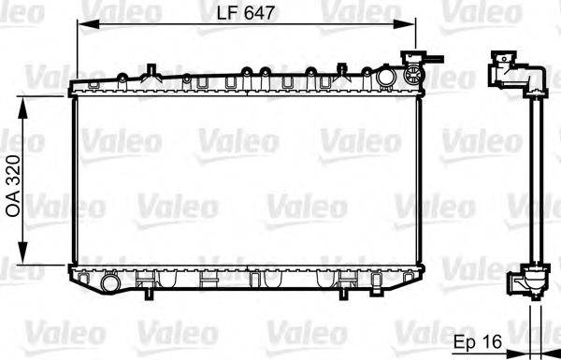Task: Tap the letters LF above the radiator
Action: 227,13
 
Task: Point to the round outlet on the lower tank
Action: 111,281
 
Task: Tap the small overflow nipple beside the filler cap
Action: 429,62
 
